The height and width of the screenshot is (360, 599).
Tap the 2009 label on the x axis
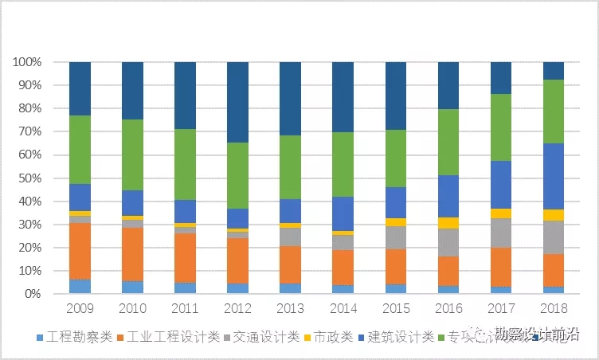(80, 308)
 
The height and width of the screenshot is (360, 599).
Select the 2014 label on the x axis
(343, 308)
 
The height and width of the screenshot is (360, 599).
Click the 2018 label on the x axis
(554, 308)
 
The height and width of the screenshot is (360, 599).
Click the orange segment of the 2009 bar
(80, 251)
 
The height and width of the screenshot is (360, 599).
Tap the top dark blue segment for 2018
(554, 71)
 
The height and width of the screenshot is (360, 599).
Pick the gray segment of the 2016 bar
(448, 242)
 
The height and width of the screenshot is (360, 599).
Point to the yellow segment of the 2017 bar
(501, 213)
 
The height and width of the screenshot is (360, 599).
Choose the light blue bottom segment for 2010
(132, 287)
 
